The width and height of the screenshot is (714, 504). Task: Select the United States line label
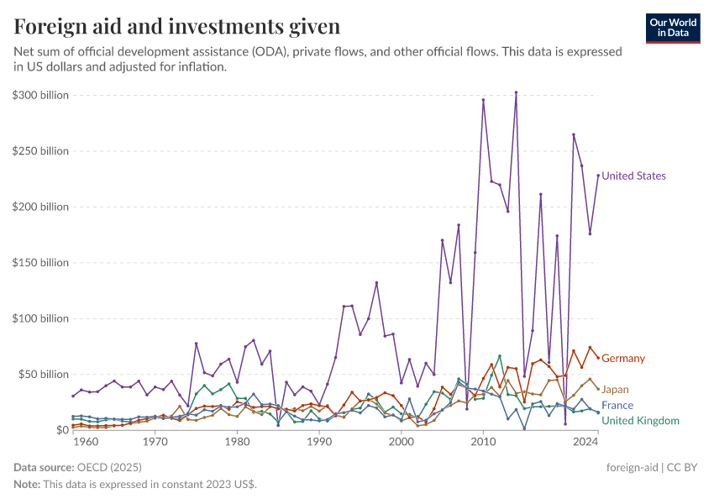(x=633, y=176)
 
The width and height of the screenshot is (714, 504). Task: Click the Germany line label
(x=623, y=359)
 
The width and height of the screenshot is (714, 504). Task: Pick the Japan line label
(x=615, y=390)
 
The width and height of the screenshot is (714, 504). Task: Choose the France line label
(x=617, y=406)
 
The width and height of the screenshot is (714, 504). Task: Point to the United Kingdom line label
(x=640, y=421)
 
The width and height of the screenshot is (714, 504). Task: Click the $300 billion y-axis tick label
(x=40, y=96)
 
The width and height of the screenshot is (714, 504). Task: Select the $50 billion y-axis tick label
(x=44, y=374)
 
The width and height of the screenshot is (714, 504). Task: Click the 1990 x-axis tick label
(x=319, y=441)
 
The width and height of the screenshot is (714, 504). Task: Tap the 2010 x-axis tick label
(x=483, y=441)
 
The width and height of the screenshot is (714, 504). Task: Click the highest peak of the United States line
(x=516, y=92)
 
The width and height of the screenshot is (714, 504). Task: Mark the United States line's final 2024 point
(x=598, y=176)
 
